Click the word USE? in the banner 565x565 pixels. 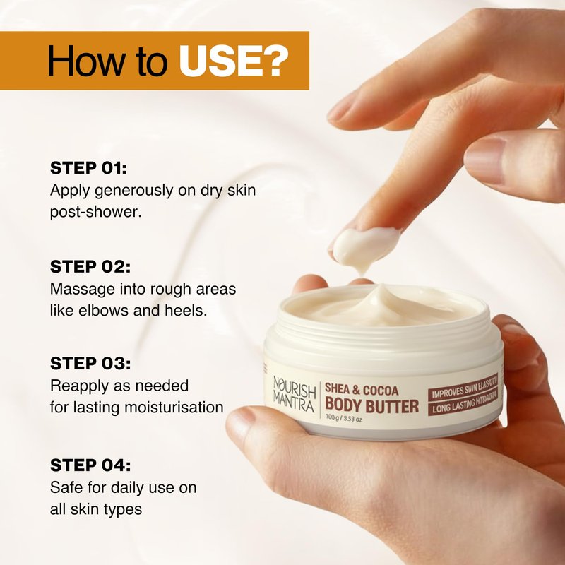click(234, 61)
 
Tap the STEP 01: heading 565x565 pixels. click(89, 168)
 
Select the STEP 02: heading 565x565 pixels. click(90, 267)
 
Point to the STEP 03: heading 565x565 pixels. click(90, 363)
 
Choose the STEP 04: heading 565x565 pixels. click(90, 465)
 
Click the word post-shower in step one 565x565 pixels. click(95, 213)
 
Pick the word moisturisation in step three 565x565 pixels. click(174, 408)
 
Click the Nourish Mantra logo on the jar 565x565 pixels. click(294, 394)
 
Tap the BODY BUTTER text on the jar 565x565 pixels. click(372, 405)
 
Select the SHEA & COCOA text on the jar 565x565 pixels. click(362, 390)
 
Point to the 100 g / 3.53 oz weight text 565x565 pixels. click(343, 419)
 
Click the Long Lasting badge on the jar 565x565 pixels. click(463, 403)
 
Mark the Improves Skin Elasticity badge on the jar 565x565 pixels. click(463, 388)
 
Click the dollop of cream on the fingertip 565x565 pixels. click(364, 246)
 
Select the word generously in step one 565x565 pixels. click(134, 191)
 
